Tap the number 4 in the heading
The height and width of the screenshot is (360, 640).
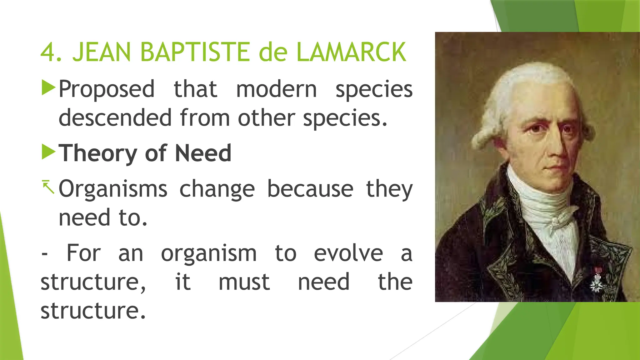(x=48, y=52)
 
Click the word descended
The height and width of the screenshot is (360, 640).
(x=115, y=118)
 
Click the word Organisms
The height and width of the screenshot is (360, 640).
(x=113, y=189)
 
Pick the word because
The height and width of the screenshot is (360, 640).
(x=310, y=189)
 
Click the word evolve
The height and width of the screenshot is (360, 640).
(x=348, y=253)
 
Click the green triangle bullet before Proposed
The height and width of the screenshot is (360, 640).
(x=48, y=88)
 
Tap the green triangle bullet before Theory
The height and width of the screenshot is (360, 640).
(x=48, y=152)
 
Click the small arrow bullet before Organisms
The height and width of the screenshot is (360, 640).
(x=48, y=187)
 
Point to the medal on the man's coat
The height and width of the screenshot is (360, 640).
(x=597, y=281)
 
